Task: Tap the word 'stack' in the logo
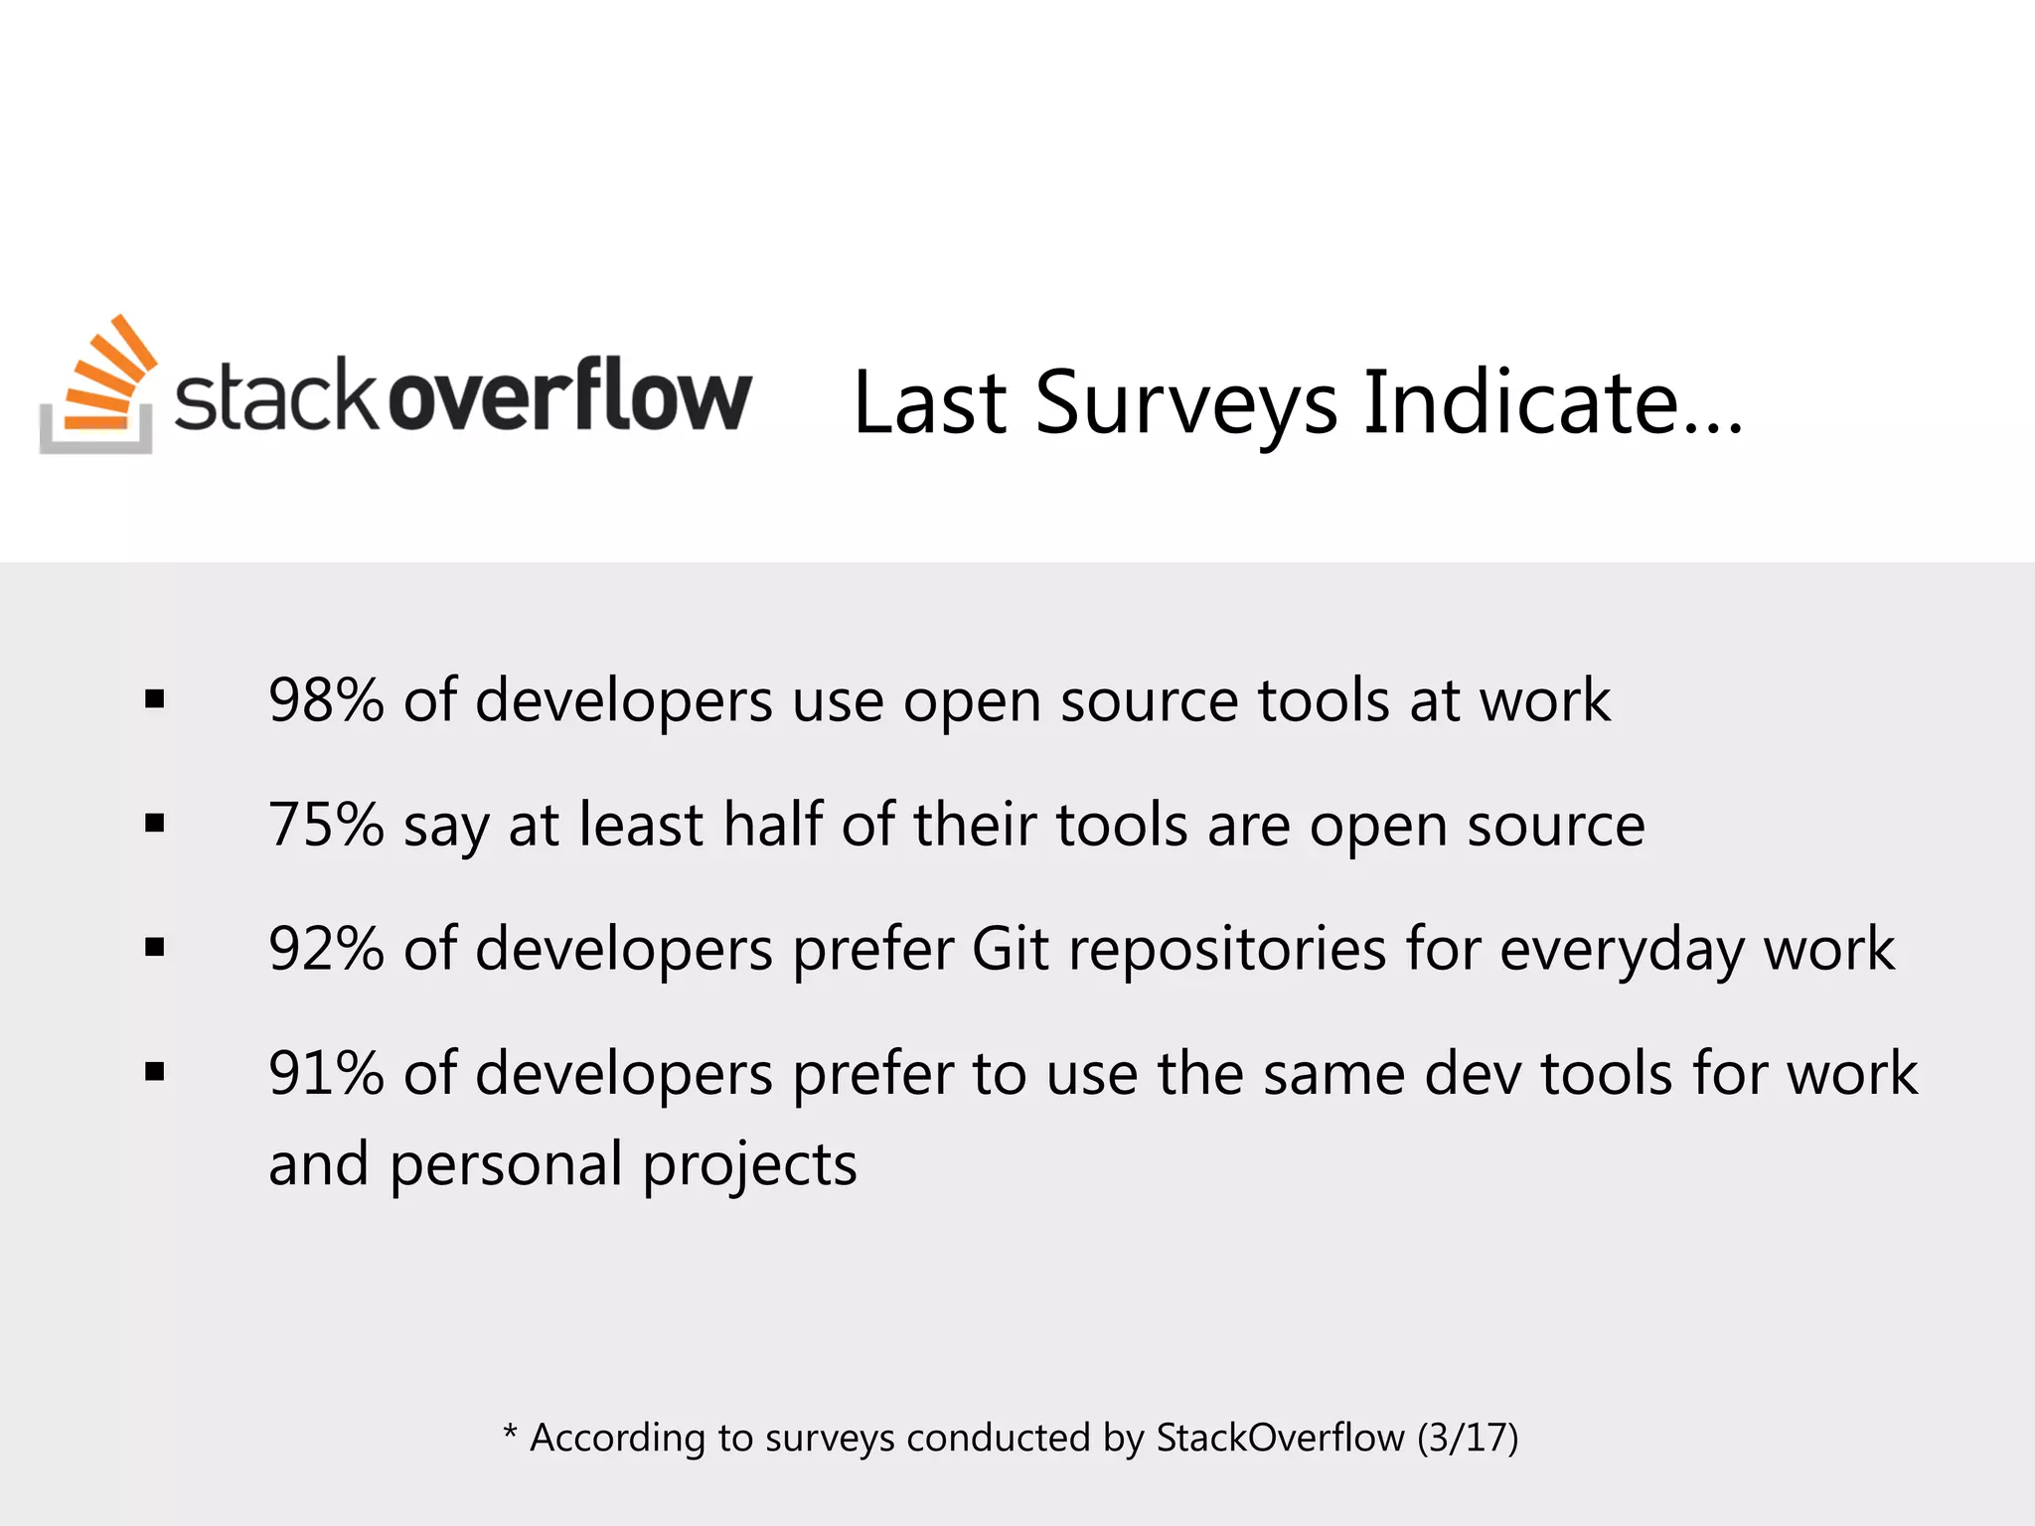pyautogui.click(x=276, y=397)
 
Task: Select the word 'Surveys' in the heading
pyautogui.click(x=1186, y=403)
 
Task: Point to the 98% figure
pyautogui.click(x=326, y=700)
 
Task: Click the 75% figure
pyautogui.click(x=326, y=825)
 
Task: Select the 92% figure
pyautogui.click(x=326, y=949)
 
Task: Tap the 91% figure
pyautogui.click(x=326, y=1074)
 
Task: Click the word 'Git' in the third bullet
pyautogui.click(x=1010, y=949)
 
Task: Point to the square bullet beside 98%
pyautogui.click(x=154, y=700)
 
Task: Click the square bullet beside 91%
pyautogui.click(x=154, y=1072)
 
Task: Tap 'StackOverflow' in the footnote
pyautogui.click(x=1280, y=1438)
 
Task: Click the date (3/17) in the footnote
pyautogui.click(x=1468, y=1438)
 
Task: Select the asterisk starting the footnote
pyautogui.click(x=510, y=1432)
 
